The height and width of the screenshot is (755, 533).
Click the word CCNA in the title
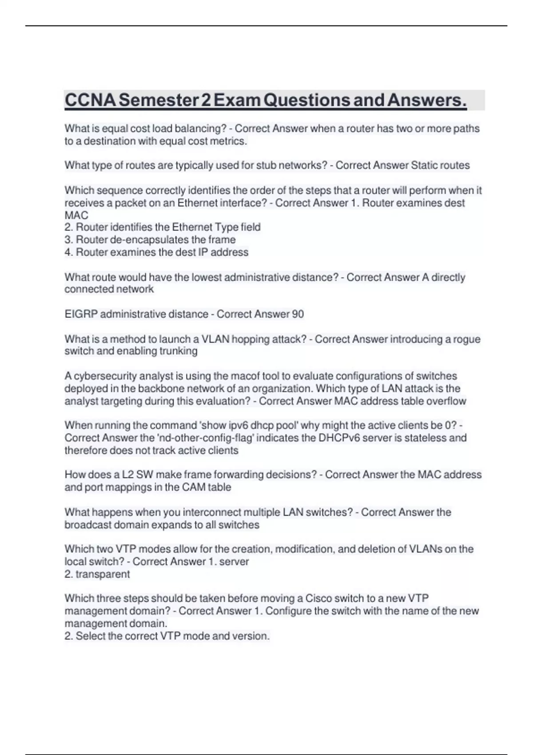pyautogui.click(x=90, y=100)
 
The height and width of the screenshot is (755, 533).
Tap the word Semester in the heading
pyautogui.click(x=159, y=100)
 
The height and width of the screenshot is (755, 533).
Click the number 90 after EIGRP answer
pyautogui.click(x=298, y=314)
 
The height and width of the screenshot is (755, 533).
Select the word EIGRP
pyautogui.click(x=81, y=314)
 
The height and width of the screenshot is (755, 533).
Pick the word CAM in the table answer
pyautogui.click(x=194, y=487)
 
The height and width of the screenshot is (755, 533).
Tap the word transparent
pyautogui.click(x=103, y=574)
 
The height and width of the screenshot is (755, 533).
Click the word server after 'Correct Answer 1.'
pyautogui.click(x=234, y=561)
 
